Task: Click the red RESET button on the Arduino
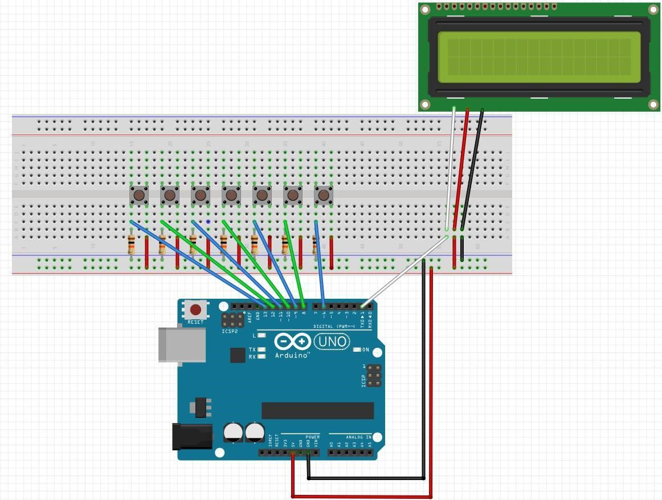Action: (195, 310)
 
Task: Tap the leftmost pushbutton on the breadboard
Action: (139, 196)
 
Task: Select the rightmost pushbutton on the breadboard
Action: (323, 196)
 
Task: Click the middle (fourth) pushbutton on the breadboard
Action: (231, 196)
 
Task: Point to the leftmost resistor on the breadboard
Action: (132, 245)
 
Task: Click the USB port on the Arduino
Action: (182, 344)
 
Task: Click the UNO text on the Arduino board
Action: (332, 342)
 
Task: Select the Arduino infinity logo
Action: (292, 342)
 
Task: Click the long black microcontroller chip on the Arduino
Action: (317, 410)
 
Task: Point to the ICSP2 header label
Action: (230, 331)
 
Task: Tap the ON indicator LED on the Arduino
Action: (357, 349)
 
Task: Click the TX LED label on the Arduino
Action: (252, 349)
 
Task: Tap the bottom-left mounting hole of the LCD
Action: (424, 104)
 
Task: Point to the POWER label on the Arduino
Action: (312, 437)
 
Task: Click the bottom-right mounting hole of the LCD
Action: (653, 104)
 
